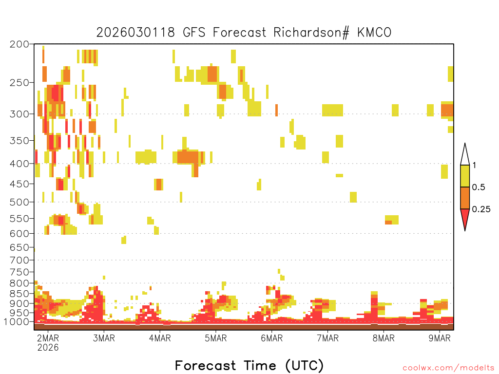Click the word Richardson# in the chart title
[311, 33]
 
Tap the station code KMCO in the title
[374, 33]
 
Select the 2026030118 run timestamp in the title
[135, 33]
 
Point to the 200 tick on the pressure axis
[19, 44]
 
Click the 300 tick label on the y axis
[19, 114]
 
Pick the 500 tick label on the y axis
[19, 202]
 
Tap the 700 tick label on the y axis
[19, 260]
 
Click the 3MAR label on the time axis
[104, 338]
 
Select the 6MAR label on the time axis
[272, 338]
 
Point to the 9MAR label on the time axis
[440, 338]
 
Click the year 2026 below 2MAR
[48, 347]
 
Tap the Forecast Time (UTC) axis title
[249, 366]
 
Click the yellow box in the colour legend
[465, 176]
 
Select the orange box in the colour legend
[465, 198]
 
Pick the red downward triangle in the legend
[465, 218]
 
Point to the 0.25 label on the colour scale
[481, 209]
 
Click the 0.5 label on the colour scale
[479, 187]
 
